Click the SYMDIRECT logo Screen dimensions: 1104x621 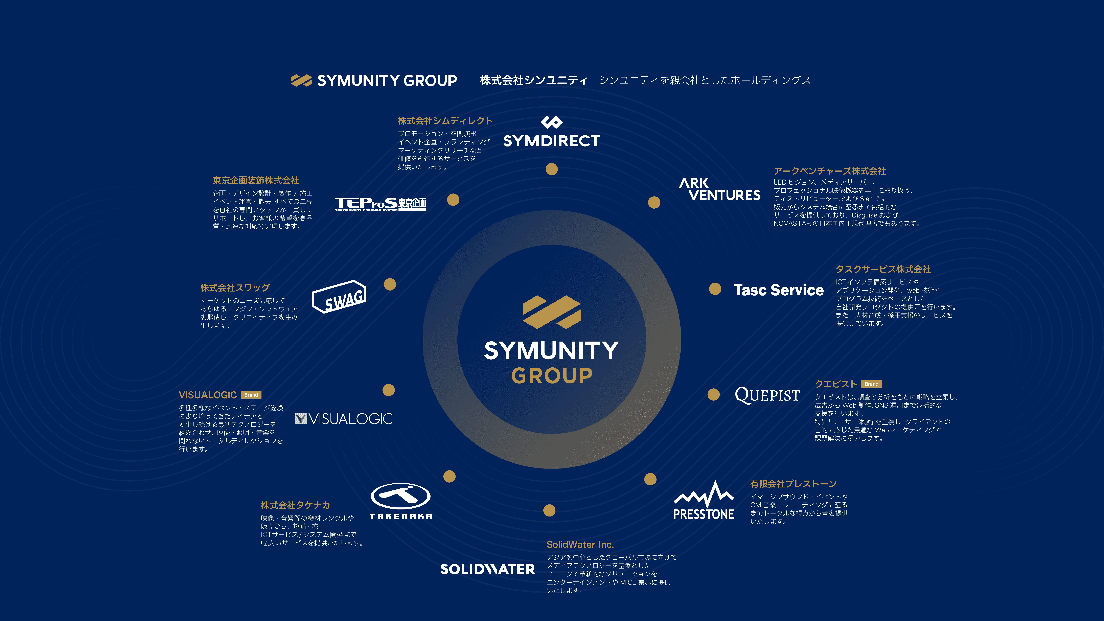click(x=552, y=132)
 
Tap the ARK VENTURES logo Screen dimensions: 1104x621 click(x=720, y=189)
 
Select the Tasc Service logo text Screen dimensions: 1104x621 click(x=779, y=290)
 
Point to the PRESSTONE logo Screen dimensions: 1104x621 click(x=704, y=501)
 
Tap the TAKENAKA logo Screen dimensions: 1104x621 click(x=401, y=501)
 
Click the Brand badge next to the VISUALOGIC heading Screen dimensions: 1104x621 click(x=251, y=395)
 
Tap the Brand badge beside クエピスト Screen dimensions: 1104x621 click(x=871, y=384)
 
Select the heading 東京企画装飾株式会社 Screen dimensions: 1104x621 click(x=256, y=180)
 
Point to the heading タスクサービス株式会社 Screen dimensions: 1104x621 click(x=883, y=269)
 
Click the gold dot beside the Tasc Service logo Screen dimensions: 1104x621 click(x=715, y=289)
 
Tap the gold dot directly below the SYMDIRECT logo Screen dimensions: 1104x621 click(x=552, y=169)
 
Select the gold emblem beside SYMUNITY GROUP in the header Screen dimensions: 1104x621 click(x=301, y=80)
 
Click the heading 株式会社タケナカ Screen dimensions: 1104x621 click(x=295, y=505)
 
